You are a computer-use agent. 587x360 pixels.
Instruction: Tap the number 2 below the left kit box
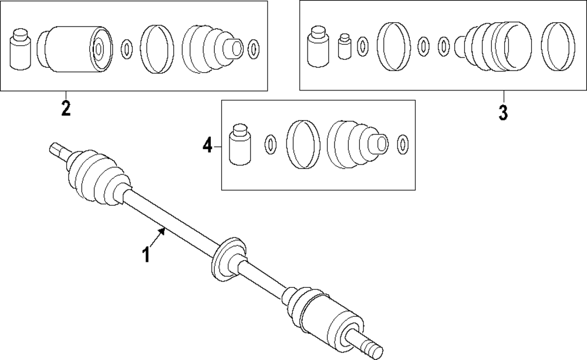tap(65, 108)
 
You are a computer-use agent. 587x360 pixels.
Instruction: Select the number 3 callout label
tap(503, 112)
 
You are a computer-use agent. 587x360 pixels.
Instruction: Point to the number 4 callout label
tap(207, 145)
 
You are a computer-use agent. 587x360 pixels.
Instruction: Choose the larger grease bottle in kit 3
tap(319, 45)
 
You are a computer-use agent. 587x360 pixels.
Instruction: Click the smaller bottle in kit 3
tap(345, 46)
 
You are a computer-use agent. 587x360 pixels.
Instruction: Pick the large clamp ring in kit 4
tap(303, 145)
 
